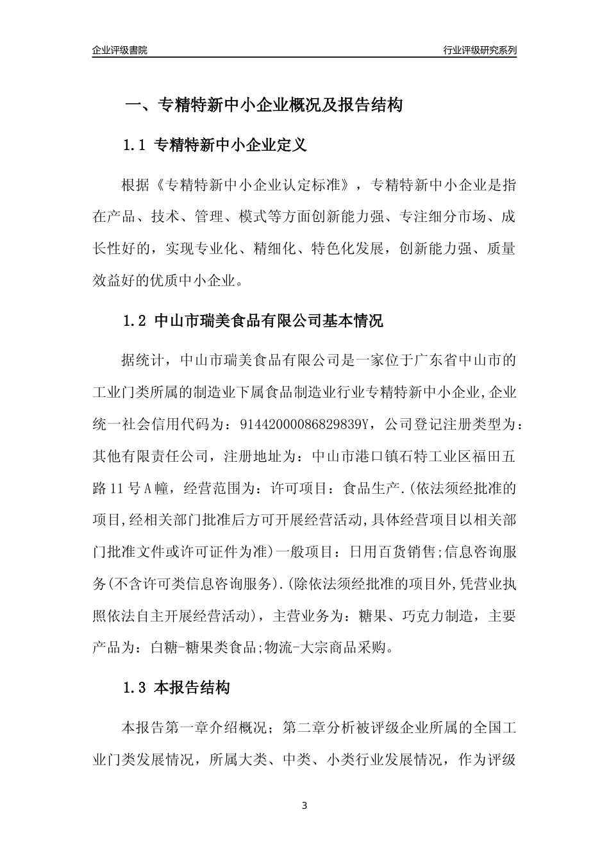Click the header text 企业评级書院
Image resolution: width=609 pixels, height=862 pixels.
point(119,50)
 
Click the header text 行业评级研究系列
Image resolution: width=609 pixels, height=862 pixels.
point(480,50)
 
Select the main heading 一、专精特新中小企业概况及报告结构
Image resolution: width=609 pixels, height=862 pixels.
point(263,105)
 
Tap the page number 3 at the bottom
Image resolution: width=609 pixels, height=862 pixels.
point(304,805)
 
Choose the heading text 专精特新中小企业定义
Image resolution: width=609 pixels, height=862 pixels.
point(231,146)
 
